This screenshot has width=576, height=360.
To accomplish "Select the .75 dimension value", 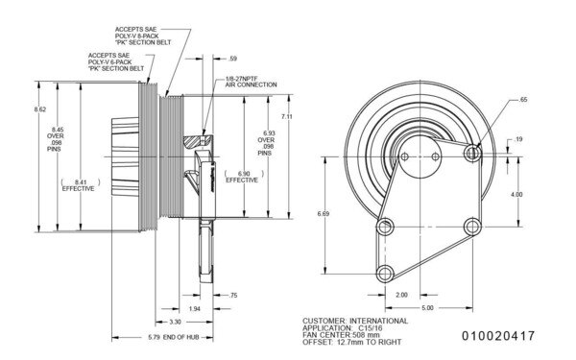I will (x=232, y=297).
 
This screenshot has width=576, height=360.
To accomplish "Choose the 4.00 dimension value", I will (x=516, y=194).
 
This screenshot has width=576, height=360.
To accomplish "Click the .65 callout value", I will (x=522, y=100).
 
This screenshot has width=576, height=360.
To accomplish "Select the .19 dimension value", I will (x=518, y=141).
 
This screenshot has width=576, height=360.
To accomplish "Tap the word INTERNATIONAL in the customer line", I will (x=375, y=320).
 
